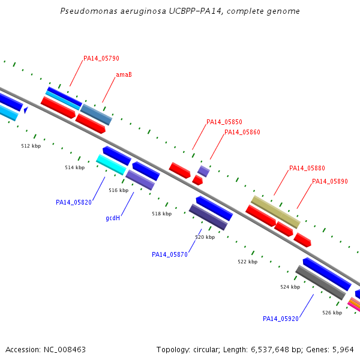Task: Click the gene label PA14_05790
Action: tap(101, 58)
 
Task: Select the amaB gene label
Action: tap(124, 74)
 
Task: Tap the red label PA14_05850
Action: tap(224, 122)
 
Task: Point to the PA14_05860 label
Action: tap(242, 132)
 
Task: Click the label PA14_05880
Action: tap(307, 168)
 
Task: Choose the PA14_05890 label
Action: tap(330, 181)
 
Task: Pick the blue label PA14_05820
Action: tap(74, 202)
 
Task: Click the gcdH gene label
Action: tap(113, 218)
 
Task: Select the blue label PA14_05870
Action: tap(170, 254)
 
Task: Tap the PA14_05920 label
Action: tap(281, 319)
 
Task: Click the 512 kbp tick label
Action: tap(31, 146)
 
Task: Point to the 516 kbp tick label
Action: tap(118, 190)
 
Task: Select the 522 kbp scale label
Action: tap(247, 262)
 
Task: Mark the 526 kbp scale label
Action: tap(332, 313)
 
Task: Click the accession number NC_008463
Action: tap(65, 350)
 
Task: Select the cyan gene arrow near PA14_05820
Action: tap(112, 164)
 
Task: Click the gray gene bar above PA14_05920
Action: tap(320, 283)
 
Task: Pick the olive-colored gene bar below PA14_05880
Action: tap(275, 212)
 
